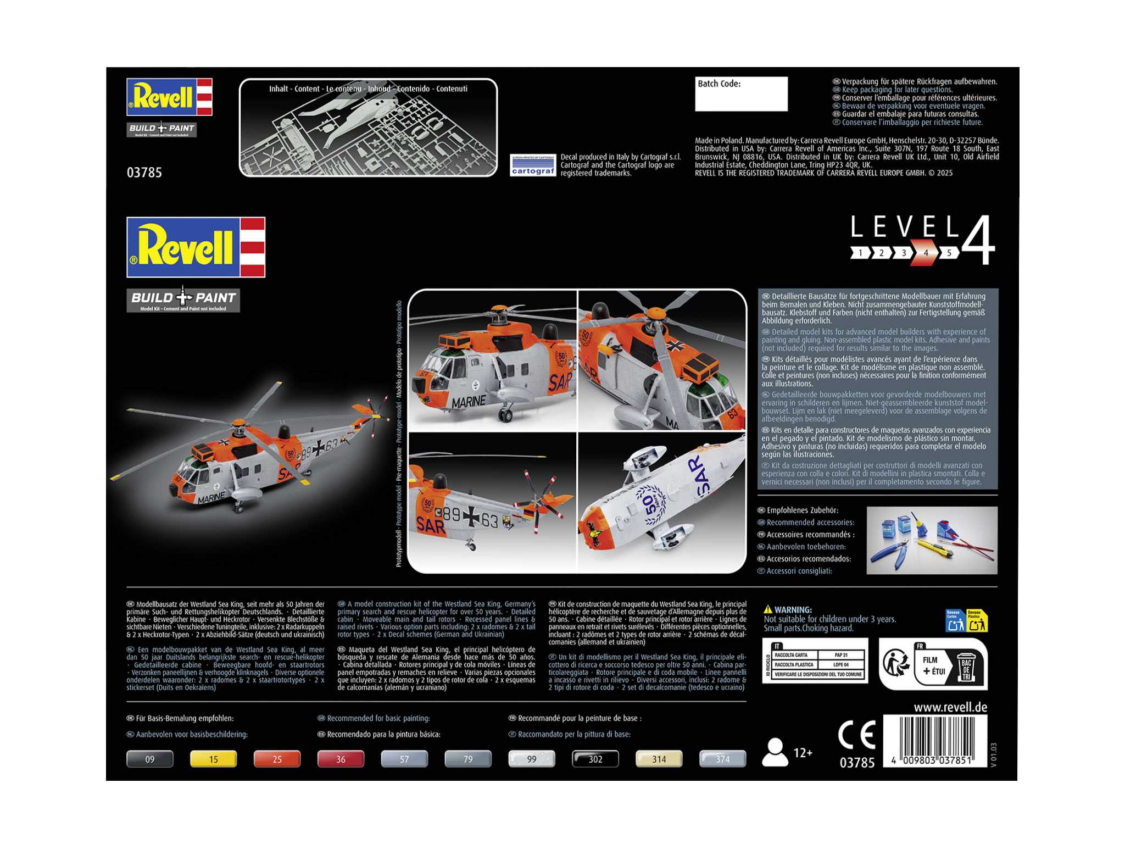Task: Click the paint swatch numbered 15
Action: tap(213, 759)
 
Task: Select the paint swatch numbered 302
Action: tap(595, 759)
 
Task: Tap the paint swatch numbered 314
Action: tap(659, 759)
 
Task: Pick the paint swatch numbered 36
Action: tap(341, 759)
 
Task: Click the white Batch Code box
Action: tap(740, 95)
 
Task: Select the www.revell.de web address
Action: tap(950, 707)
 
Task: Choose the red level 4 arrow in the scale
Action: tap(926, 253)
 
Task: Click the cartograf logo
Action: tap(533, 165)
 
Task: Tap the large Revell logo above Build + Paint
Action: tap(196, 247)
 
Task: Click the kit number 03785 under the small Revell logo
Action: tap(144, 173)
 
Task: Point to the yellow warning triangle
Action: tap(768, 609)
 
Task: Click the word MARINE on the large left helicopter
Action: tap(211, 498)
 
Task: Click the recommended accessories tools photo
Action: tap(932, 540)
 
